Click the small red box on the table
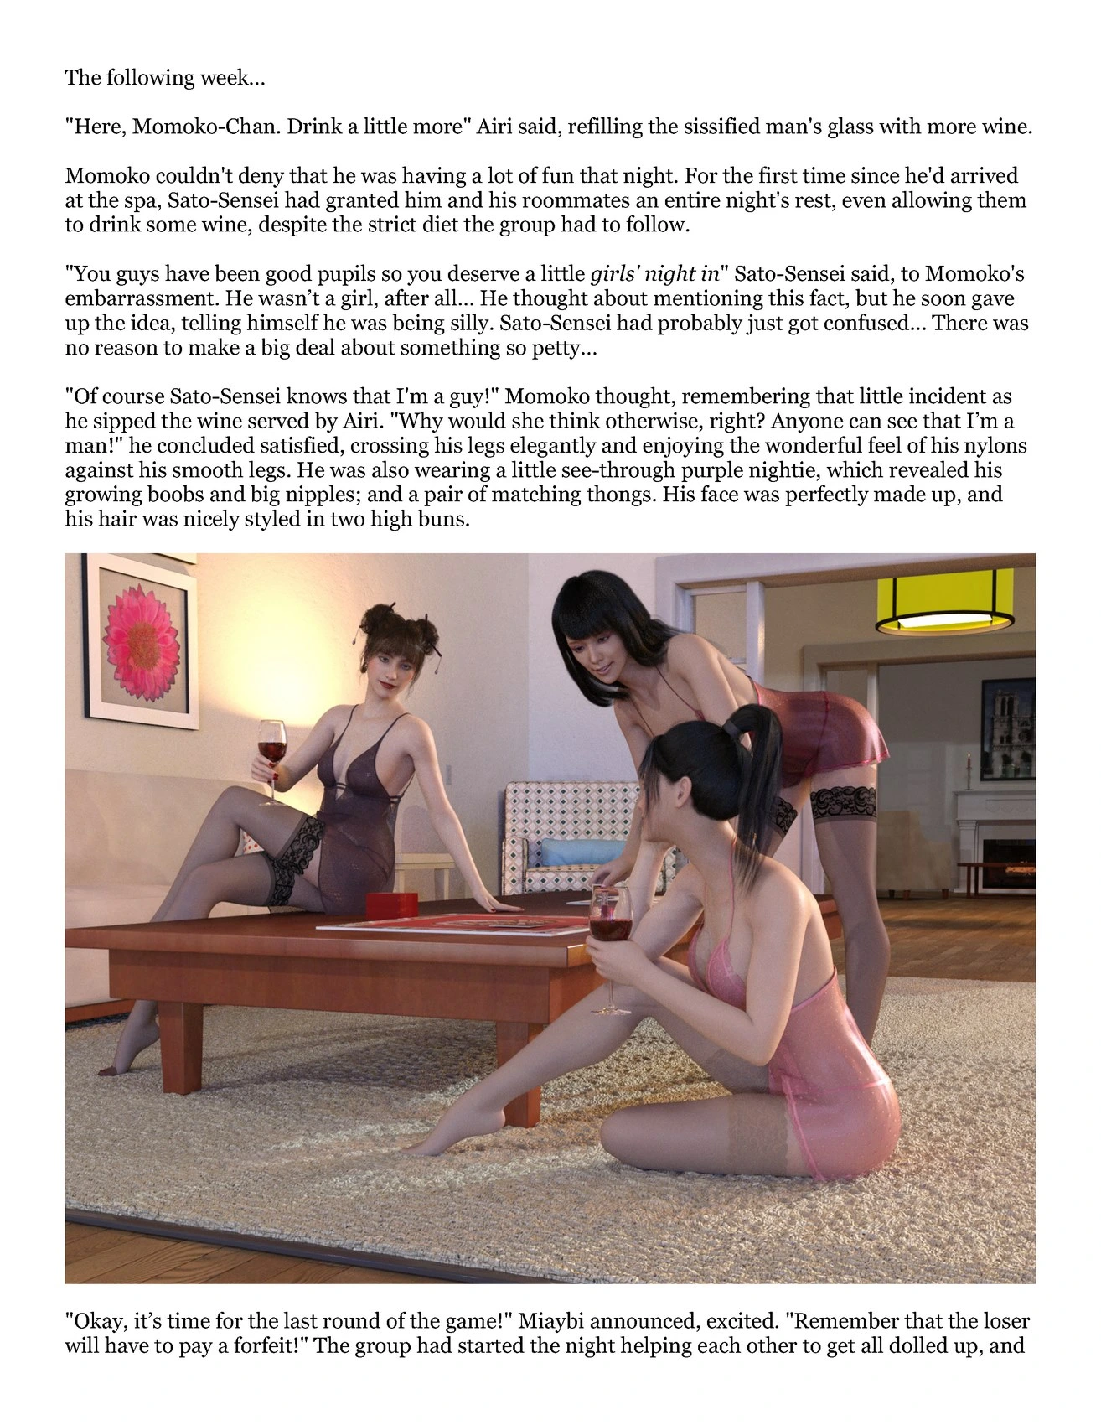pos(393,906)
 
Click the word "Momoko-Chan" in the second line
pos(204,127)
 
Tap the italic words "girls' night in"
pos(654,274)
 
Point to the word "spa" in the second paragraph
pos(137,201)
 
